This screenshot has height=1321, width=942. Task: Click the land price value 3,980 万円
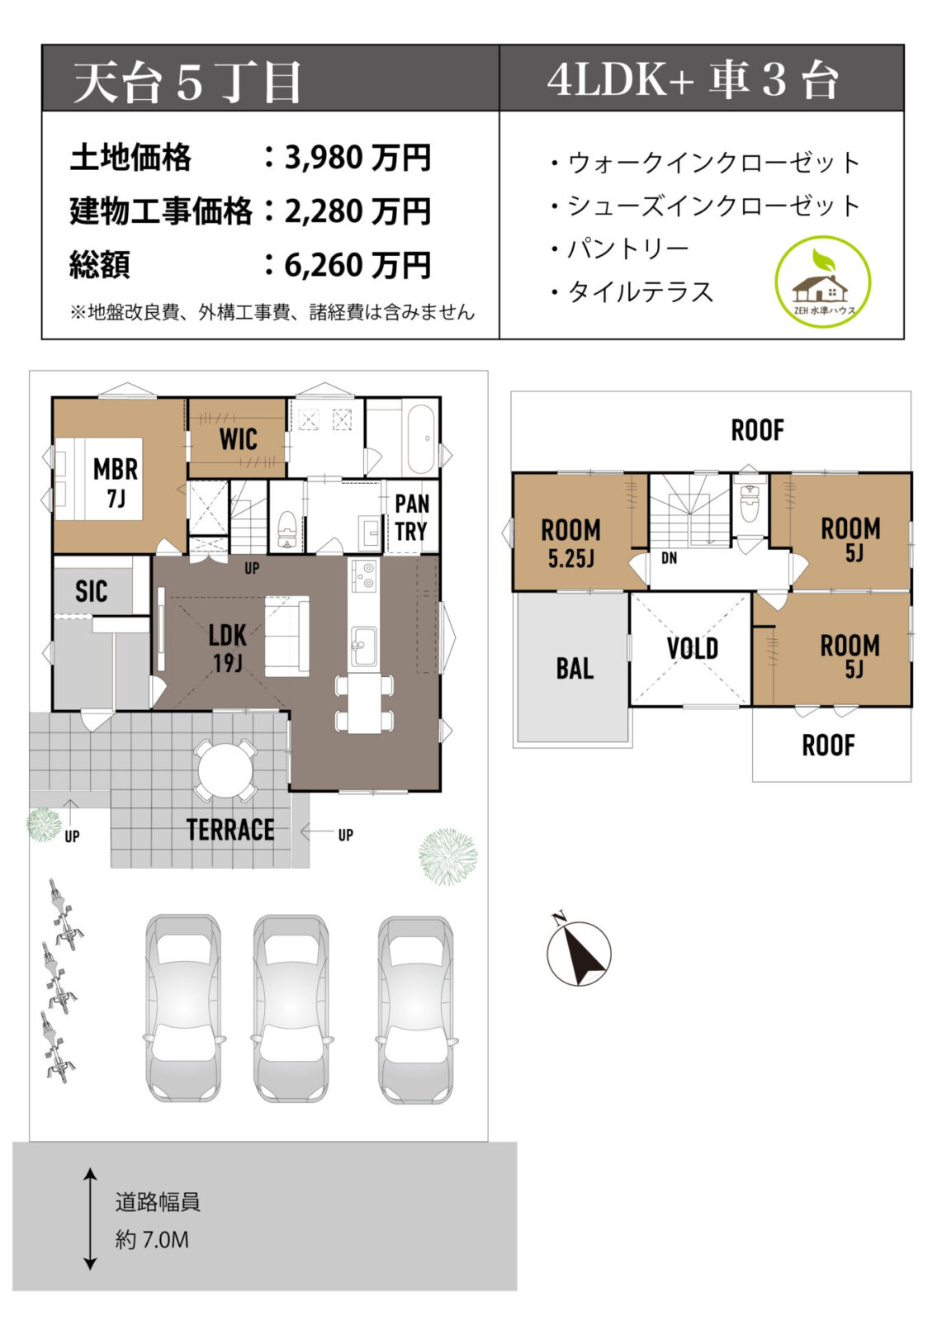(x=357, y=157)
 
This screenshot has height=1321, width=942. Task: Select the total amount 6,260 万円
(x=357, y=266)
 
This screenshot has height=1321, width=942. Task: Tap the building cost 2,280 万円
(x=357, y=211)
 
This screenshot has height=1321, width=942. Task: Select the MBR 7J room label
(x=115, y=482)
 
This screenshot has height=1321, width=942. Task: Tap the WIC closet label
(x=238, y=439)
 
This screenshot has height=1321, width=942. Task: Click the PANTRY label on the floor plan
(x=411, y=517)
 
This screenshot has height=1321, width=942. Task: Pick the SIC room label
(x=91, y=591)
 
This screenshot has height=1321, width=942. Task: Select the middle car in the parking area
(x=291, y=1008)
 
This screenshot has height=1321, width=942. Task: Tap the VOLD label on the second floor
(x=692, y=649)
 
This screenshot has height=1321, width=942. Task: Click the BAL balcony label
(x=574, y=668)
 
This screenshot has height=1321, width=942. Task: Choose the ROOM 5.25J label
(x=570, y=542)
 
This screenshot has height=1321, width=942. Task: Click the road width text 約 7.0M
(x=152, y=1239)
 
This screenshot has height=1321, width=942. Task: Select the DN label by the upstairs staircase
(x=669, y=559)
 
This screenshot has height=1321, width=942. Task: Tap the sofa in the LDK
(x=286, y=636)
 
